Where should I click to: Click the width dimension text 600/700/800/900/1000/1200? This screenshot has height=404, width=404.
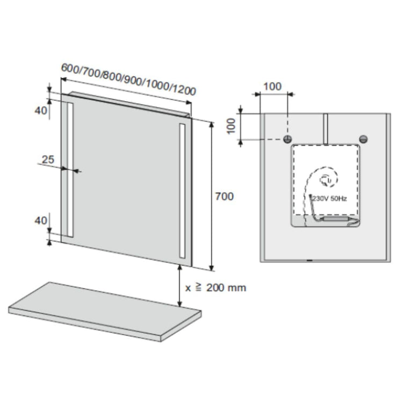pyautogui.click(x=128, y=79)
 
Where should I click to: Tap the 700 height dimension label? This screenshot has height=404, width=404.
pyautogui.click(x=225, y=197)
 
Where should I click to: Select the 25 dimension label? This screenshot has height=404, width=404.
pyautogui.click(x=48, y=160)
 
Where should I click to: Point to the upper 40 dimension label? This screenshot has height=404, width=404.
pyautogui.click(x=41, y=111)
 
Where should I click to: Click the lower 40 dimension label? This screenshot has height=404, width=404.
pyautogui.click(x=41, y=221)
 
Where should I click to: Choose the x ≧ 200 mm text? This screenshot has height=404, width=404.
pyautogui.click(x=215, y=287)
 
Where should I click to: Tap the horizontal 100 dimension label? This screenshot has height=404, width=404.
pyautogui.click(x=272, y=86)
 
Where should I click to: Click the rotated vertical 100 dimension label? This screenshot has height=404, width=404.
pyautogui.click(x=231, y=126)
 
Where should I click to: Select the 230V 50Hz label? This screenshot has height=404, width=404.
pyautogui.click(x=329, y=199)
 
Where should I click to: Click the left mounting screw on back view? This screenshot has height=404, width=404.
pyautogui.click(x=287, y=139)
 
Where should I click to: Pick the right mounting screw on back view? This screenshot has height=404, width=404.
pyautogui.click(x=363, y=139)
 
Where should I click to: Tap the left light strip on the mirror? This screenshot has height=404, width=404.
pyautogui.click(x=70, y=169)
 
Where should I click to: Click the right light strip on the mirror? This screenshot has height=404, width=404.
pyautogui.click(x=182, y=191)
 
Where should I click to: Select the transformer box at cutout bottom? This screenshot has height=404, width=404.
pyautogui.click(x=335, y=219)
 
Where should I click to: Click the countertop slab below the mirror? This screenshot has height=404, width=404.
pyautogui.click(x=104, y=312)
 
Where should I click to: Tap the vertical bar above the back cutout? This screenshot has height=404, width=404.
pyautogui.click(x=326, y=129)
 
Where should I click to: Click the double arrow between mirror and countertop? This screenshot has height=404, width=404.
pyautogui.click(x=180, y=286)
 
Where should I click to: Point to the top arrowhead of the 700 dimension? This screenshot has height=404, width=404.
pyautogui.click(x=212, y=125)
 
